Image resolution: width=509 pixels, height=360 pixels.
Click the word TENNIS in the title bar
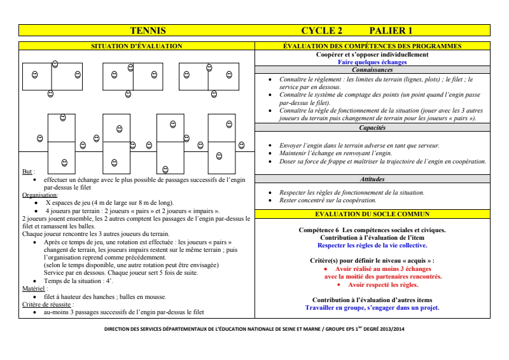pyautogui.click(x=148, y=31)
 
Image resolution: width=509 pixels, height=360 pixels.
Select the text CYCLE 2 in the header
pyautogui.click(x=322, y=31)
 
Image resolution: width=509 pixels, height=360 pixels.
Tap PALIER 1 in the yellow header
pyautogui.click(x=391, y=31)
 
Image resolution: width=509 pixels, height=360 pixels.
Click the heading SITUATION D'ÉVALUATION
pyautogui.click(x=137, y=46)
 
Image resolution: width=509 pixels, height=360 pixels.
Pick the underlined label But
pyautogui.click(x=27, y=172)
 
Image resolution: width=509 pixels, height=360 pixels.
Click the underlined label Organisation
pyautogui.click(x=39, y=195)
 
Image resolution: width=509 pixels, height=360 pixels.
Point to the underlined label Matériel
pyautogui.click(x=34, y=288)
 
